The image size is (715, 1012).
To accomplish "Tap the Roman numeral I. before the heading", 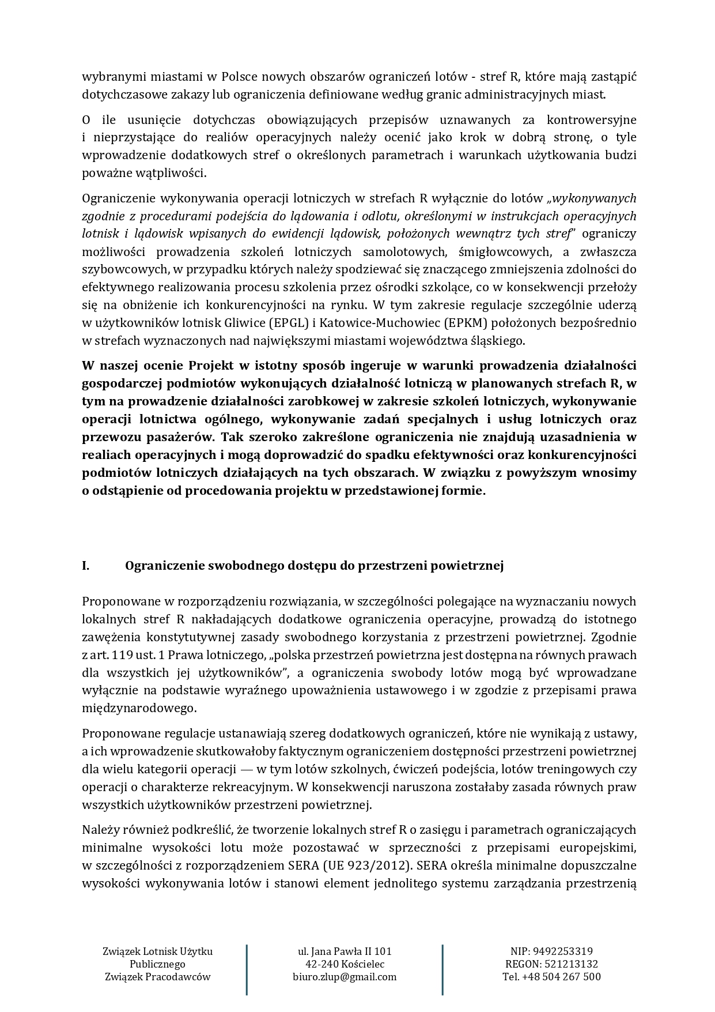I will point(86,566).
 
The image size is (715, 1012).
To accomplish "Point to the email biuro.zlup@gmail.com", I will point(345,977).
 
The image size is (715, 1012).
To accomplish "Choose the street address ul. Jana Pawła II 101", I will point(345,951).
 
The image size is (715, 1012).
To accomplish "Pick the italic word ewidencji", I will point(311,234).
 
